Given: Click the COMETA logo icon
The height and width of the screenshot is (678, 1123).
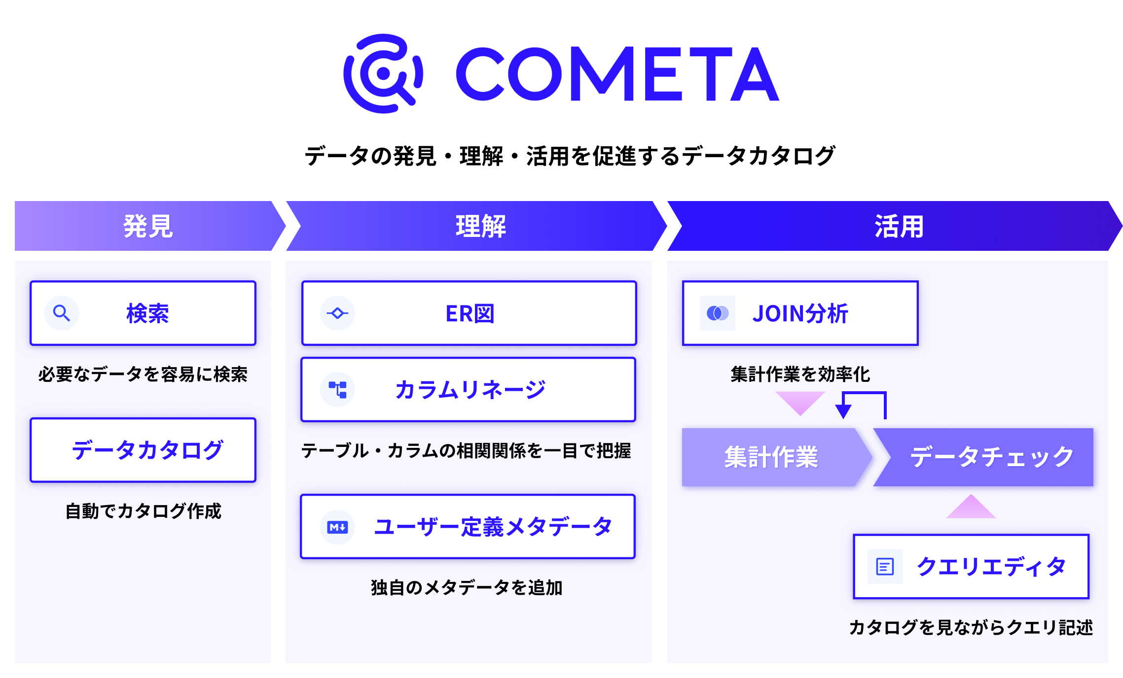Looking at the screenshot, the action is (383, 73).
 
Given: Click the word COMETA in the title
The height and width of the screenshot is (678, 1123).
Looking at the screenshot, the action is (616, 74).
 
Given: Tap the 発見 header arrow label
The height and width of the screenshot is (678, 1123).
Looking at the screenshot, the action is (148, 226).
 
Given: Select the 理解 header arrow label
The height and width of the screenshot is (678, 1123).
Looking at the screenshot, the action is (480, 226).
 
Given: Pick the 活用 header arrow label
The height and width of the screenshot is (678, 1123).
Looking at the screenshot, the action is (899, 226).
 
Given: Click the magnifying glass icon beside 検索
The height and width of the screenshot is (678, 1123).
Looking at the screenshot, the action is (62, 313).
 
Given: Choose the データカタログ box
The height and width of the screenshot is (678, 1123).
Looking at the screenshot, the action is (143, 450).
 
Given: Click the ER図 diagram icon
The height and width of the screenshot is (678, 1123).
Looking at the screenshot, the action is (337, 313).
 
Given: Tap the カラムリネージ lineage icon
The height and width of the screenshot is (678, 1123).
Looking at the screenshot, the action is (337, 389).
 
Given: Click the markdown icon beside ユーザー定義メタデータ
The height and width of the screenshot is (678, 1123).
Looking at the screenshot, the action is (337, 527).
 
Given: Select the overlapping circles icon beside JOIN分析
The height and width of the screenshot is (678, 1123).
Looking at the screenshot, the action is (718, 313).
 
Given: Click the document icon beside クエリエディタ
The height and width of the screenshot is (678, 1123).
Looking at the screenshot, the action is (885, 567).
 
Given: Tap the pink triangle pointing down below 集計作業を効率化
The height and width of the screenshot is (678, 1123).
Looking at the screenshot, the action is (800, 402).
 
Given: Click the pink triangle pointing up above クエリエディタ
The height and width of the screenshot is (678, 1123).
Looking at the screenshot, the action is (971, 508).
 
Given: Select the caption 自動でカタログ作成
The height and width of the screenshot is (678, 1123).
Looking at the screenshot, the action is (143, 511).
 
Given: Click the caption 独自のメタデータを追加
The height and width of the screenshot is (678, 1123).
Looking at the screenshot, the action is (467, 587).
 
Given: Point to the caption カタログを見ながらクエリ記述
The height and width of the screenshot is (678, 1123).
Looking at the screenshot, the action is (971, 627).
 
